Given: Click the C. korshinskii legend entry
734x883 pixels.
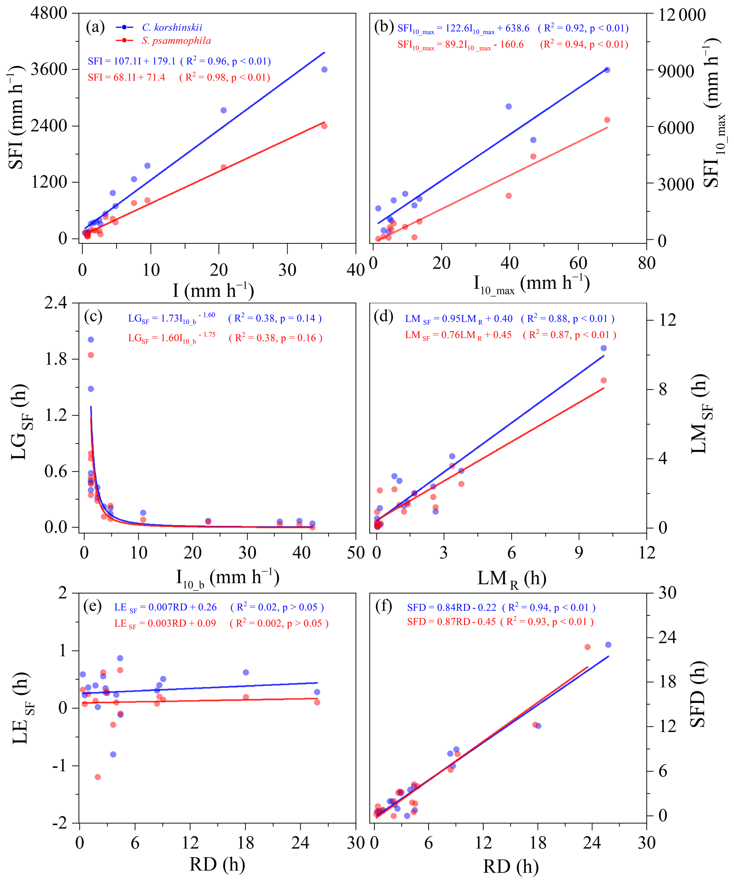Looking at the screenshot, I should [x=172, y=28].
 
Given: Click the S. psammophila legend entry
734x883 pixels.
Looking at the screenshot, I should [x=176, y=41].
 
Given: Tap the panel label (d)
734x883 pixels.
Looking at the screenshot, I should [x=384, y=316].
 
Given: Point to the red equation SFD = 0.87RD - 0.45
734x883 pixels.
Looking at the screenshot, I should [x=451, y=622].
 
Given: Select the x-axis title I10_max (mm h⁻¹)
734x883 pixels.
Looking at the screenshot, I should [x=531, y=284].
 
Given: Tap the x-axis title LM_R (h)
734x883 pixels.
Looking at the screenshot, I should [x=511, y=579].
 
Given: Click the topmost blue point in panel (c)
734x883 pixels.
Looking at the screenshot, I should [x=91, y=339].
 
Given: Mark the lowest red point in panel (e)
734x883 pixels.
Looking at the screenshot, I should [x=98, y=777].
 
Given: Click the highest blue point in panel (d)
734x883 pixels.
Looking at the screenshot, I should [x=604, y=348].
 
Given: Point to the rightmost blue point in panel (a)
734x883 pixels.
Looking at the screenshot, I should [x=324, y=69].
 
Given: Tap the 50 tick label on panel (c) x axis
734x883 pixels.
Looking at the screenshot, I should [x=356, y=553].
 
